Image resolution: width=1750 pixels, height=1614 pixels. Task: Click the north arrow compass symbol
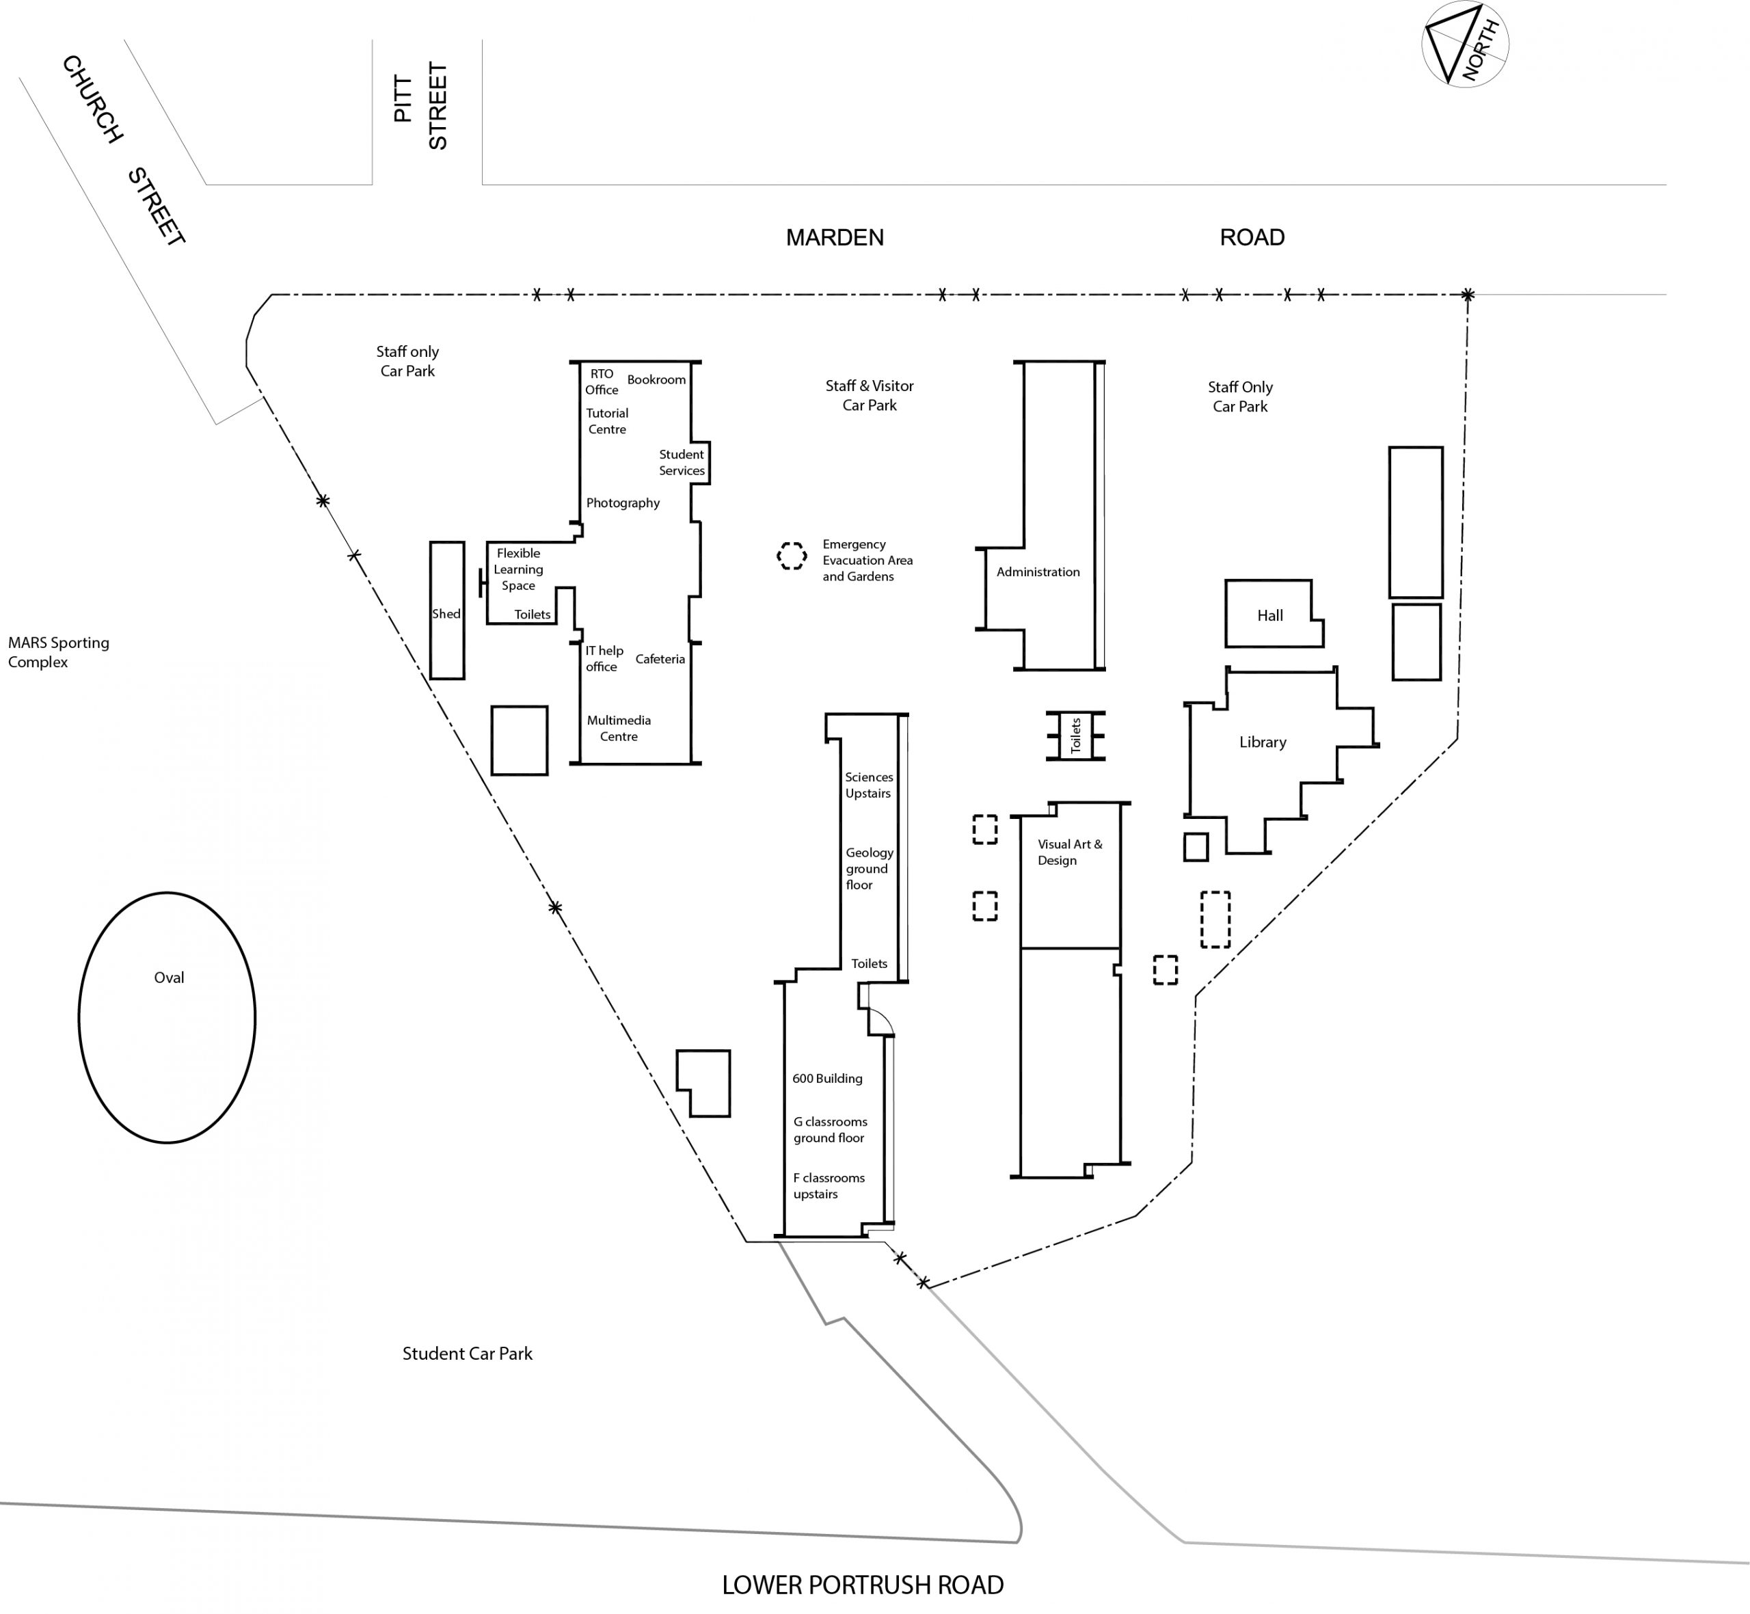coord(1464,44)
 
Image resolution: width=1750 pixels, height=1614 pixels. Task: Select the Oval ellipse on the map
coord(167,1017)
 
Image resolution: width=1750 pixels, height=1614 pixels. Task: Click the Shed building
coord(446,610)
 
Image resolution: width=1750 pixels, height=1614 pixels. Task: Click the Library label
coord(1262,742)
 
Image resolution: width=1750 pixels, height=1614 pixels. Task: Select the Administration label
coord(1038,572)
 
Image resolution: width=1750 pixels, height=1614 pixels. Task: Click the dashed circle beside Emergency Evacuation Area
coord(791,556)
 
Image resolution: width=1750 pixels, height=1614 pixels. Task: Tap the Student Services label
coord(681,462)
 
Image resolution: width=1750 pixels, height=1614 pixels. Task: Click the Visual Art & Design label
coord(1069,852)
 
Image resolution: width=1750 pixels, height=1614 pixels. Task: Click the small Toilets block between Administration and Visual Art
coord(1075,736)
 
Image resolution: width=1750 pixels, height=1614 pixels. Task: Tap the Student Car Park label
coord(467,1354)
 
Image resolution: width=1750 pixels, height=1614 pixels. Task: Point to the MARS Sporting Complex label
coord(59,651)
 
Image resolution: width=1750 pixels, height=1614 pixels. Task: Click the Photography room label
coord(623,503)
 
